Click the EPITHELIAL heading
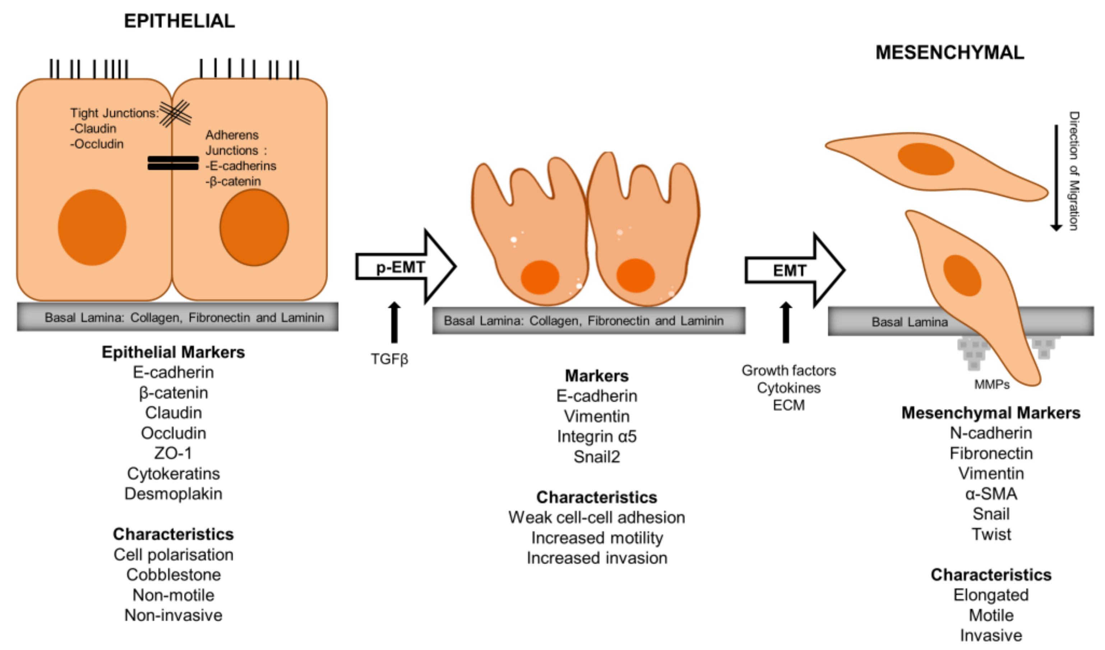pyautogui.click(x=179, y=21)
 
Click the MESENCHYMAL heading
pyautogui.click(x=949, y=52)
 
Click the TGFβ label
pyautogui.click(x=389, y=359)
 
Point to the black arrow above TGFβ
pyautogui.click(x=394, y=322)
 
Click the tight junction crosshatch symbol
pyautogui.click(x=175, y=114)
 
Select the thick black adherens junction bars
pyautogui.click(x=173, y=163)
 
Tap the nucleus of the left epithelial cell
pyautogui.click(x=92, y=227)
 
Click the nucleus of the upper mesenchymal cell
pyautogui.click(x=926, y=159)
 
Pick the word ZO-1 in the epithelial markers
pyautogui.click(x=173, y=453)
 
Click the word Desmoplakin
pyautogui.click(x=173, y=494)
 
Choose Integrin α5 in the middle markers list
pyautogui.click(x=596, y=436)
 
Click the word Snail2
pyautogui.click(x=596, y=457)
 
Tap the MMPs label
pyautogui.click(x=991, y=384)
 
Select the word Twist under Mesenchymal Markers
pyautogui.click(x=991, y=534)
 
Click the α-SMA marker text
pyautogui.click(x=991, y=494)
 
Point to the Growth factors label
pyautogui.click(x=789, y=370)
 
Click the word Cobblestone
pyautogui.click(x=173, y=575)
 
